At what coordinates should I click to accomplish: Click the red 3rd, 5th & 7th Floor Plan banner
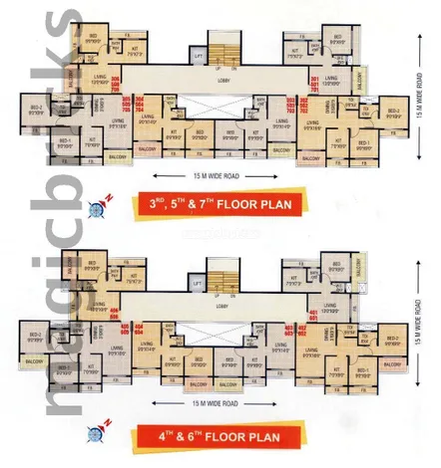point(220,207)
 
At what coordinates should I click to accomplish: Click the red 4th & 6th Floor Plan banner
point(220,436)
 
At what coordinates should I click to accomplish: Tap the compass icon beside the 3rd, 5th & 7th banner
point(98,208)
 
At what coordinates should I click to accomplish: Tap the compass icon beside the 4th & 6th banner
point(98,434)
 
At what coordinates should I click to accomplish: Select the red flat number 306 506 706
point(117,83)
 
